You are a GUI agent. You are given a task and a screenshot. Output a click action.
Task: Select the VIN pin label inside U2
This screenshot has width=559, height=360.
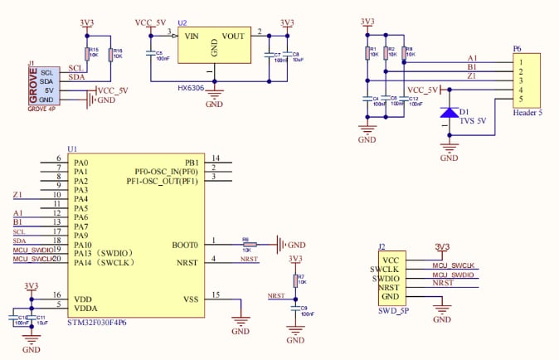(x=192, y=36)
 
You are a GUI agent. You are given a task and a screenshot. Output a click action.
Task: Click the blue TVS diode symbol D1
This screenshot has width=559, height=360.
(x=449, y=112)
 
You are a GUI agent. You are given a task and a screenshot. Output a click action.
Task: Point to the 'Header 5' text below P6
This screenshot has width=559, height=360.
(x=527, y=113)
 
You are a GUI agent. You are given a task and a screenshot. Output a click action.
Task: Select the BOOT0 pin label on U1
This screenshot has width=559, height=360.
(x=186, y=245)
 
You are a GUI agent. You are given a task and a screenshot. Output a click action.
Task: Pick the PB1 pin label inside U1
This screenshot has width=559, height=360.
(x=192, y=162)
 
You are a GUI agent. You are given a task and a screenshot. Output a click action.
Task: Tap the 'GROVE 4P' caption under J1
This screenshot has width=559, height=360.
(x=42, y=109)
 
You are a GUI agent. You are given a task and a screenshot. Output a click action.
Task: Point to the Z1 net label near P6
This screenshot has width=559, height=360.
(x=472, y=75)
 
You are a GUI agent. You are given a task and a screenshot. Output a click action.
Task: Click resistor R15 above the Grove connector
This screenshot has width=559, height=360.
(x=88, y=55)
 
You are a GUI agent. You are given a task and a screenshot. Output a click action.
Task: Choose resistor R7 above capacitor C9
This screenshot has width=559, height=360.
(x=295, y=280)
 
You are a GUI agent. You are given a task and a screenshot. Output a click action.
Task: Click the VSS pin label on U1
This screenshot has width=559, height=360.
(x=191, y=299)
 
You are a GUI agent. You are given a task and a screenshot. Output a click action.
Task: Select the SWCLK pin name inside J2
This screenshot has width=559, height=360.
(x=386, y=268)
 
